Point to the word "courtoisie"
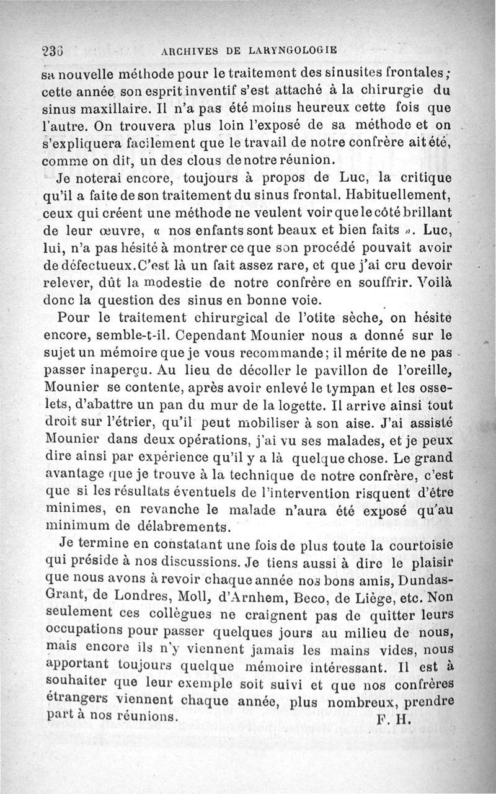[x=420, y=546]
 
